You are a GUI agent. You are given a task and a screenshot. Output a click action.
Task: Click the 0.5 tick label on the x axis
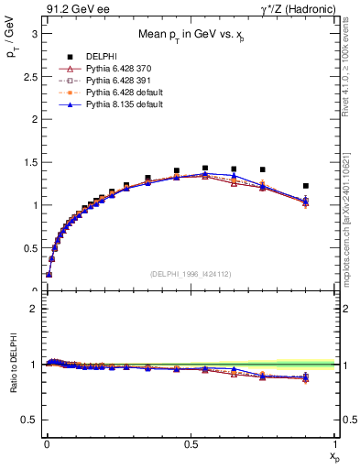[x=190, y=443]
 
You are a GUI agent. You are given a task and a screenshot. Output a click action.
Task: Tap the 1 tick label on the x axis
[x=335, y=443]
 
